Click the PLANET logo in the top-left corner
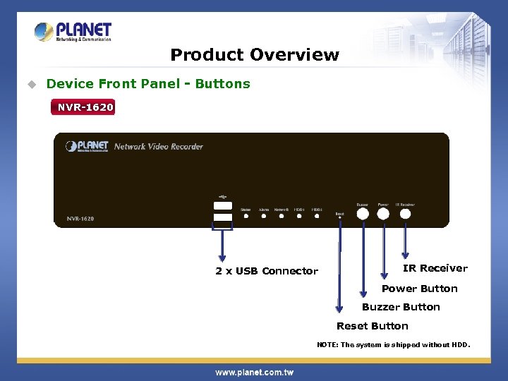pyautogui.click(x=73, y=32)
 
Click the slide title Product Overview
pyautogui.click(x=255, y=55)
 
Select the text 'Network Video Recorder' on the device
pyautogui.click(x=158, y=147)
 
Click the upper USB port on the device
pyautogui.click(x=223, y=205)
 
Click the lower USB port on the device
pyautogui.click(x=223, y=217)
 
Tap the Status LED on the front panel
pyautogui.click(x=246, y=216)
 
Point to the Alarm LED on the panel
pyautogui.click(x=264, y=216)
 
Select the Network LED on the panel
pyautogui.click(x=282, y=216)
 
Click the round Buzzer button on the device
pyautogui.click(x=363, y=213)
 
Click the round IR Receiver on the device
pyautogui.click(x=405, y=213)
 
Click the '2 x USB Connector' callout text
pyautogui.click(x=267, y=272)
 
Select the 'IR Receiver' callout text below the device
pyautogui.click(x=435, y=268)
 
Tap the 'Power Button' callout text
pyautogui.click(x=419, y=289)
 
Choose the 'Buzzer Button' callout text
pyautogui.click(x=401, y=307)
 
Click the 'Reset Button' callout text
pyautogui.click(x=373, y=326)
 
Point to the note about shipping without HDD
pyautogui.click(x=393, y=345)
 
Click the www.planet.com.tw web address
pyautogui.click(x=254, y=372)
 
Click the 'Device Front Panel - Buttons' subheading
pyautogui.click(x=148, y=84)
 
